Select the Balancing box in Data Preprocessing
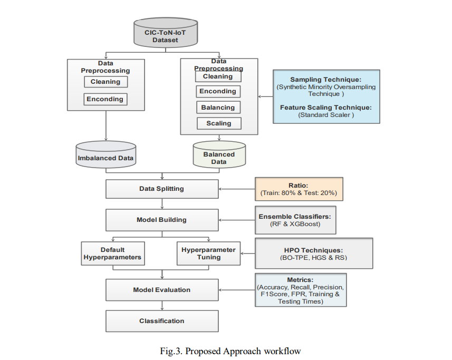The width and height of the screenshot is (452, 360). (x=218, y=107)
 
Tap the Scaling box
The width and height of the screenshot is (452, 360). (x=218, y=123)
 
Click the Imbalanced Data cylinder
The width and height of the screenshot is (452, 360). (x=106, y=155)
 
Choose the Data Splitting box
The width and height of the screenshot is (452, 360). (x=161, y=188)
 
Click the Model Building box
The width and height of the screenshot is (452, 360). (x=161, y=219)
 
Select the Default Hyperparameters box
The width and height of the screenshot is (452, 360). (x=112, y=253)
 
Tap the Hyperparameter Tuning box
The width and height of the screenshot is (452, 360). (x=208, y=253)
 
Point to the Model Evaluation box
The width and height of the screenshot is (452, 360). (x=161, y=289)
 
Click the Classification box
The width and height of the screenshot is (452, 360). (x=161, y=320)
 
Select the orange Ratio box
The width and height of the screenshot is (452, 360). (x=299, y=189)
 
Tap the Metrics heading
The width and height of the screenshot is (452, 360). (x=301, y=279)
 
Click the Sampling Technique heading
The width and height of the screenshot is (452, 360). (x=325, y=80)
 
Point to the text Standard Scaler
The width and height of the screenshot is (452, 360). (x=326, y=114)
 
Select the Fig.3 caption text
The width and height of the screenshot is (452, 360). (x=229, y=351)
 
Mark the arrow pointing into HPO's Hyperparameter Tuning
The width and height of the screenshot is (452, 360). (x=248, y=254)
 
